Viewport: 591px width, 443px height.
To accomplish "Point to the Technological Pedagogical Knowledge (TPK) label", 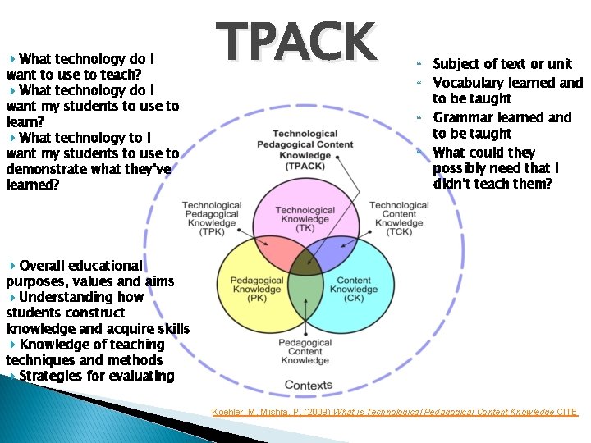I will pyautogui.click(x=212, y=219).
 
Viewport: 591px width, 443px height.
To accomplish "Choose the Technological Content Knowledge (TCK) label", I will pyautogui.click(x=399, y=219).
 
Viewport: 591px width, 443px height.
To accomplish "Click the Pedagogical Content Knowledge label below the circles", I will pyautogui.click(x=305, y=351).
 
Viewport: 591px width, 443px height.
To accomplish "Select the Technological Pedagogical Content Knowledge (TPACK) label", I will pyautogui.click(x=305, y=149).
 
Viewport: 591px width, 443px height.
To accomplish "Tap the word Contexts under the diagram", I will pyautogui.click(x=308, y=385).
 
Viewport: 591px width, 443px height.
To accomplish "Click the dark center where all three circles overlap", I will pyautogui.click(x=305, y=264).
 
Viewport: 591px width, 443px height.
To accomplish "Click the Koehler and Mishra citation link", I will pyautogui.click(x=394, y=412).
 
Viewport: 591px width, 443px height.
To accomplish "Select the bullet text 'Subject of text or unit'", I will pyautogui.click(x=502, y=64).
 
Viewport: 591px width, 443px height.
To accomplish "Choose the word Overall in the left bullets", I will pyautogui.click(x=46, y=266).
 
